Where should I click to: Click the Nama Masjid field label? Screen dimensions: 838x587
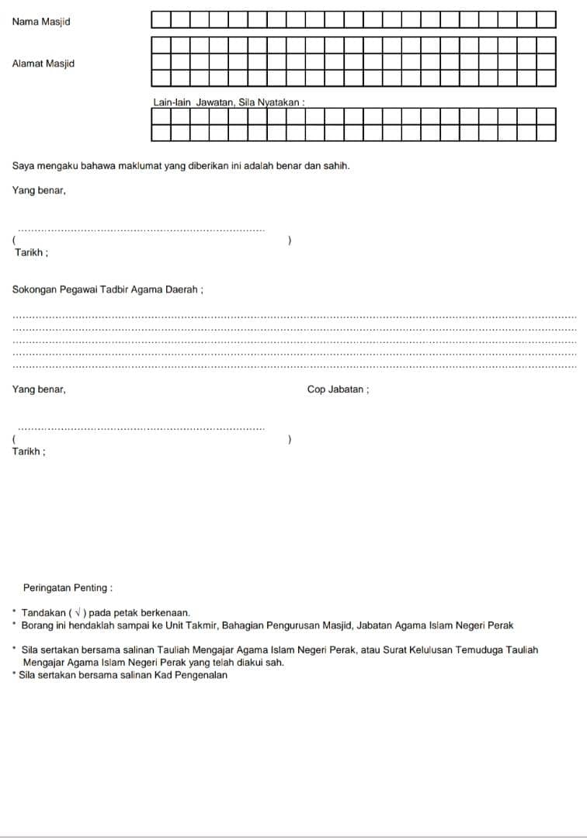tap(41, 22)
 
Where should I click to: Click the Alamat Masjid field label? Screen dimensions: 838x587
tap(43, 64)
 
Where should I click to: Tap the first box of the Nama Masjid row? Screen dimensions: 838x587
tap(161, 19)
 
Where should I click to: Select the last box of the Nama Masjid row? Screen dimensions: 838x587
tap(547, 19)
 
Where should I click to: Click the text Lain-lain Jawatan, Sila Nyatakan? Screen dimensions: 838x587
tap(228, 102)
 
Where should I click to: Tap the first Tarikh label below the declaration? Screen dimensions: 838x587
tap(32, 253)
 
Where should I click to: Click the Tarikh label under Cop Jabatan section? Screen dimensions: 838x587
tap(29, 452)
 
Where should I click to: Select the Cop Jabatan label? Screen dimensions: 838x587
tap(338, 390)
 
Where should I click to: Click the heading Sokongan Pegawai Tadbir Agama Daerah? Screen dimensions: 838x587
tap(108, 289)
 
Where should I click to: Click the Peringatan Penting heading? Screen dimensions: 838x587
tap(68, 588)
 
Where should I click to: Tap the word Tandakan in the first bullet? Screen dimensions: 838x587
tap(43, 613)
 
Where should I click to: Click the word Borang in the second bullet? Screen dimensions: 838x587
tap(36, 625)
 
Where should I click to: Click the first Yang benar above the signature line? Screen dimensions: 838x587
tap(39, 190)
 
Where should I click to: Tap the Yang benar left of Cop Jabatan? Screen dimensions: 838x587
tap(39, 390)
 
